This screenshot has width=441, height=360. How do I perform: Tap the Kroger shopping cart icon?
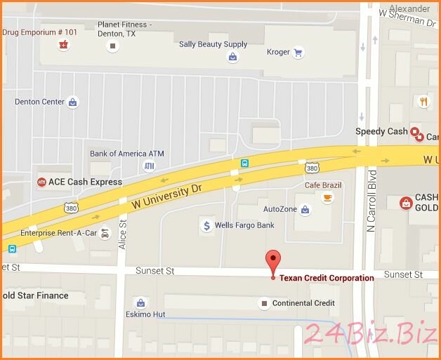298,53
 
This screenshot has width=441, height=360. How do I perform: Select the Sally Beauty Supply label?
213,44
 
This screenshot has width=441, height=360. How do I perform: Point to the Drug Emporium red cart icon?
64,45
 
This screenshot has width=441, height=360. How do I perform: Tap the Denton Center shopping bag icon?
72,102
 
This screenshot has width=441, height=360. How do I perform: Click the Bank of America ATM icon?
149,166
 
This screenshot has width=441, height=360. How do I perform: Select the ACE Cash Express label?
79,182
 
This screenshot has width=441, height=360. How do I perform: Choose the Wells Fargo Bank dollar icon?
206,225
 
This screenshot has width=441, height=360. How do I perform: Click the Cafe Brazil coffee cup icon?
327,198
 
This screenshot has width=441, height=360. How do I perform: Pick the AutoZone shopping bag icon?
305,209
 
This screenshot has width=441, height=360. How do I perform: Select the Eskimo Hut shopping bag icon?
140,302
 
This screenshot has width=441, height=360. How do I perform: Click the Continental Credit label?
303,303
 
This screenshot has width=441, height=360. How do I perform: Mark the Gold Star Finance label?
35,295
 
